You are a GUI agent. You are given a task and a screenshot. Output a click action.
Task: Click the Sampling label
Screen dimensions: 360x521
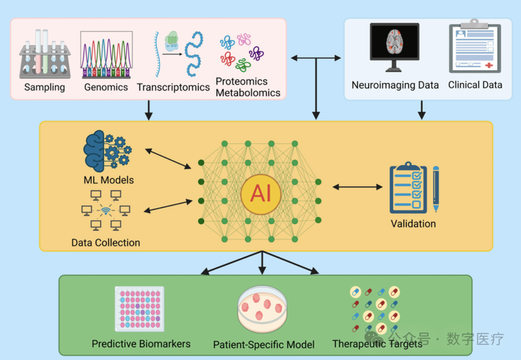[x=44, y=87]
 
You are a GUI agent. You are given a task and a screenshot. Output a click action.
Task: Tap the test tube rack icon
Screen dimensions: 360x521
[x=44, y=55]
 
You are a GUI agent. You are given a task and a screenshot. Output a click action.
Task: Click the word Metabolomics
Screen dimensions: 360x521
[x=247, y=92]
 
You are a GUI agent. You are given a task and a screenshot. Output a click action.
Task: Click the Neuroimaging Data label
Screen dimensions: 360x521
[x=395, y=85]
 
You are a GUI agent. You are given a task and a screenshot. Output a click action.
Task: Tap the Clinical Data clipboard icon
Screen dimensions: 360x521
[x=474, y=49]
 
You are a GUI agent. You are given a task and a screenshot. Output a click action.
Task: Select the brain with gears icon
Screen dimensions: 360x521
[x=107, y=152]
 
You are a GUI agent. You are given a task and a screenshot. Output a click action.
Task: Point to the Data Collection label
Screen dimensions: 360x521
[x=106, y=243]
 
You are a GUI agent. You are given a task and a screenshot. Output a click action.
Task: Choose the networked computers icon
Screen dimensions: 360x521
[x=106, y=210]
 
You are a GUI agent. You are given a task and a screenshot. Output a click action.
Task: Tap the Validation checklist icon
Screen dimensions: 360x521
[x=413, y=188]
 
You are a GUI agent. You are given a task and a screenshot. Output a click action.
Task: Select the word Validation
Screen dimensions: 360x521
[x=413, y=224]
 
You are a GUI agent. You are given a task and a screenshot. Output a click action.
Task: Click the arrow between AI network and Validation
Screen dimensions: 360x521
[x=358, y=187]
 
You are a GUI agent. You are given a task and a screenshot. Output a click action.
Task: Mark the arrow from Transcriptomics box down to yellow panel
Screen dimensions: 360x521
[x=149, y=109]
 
